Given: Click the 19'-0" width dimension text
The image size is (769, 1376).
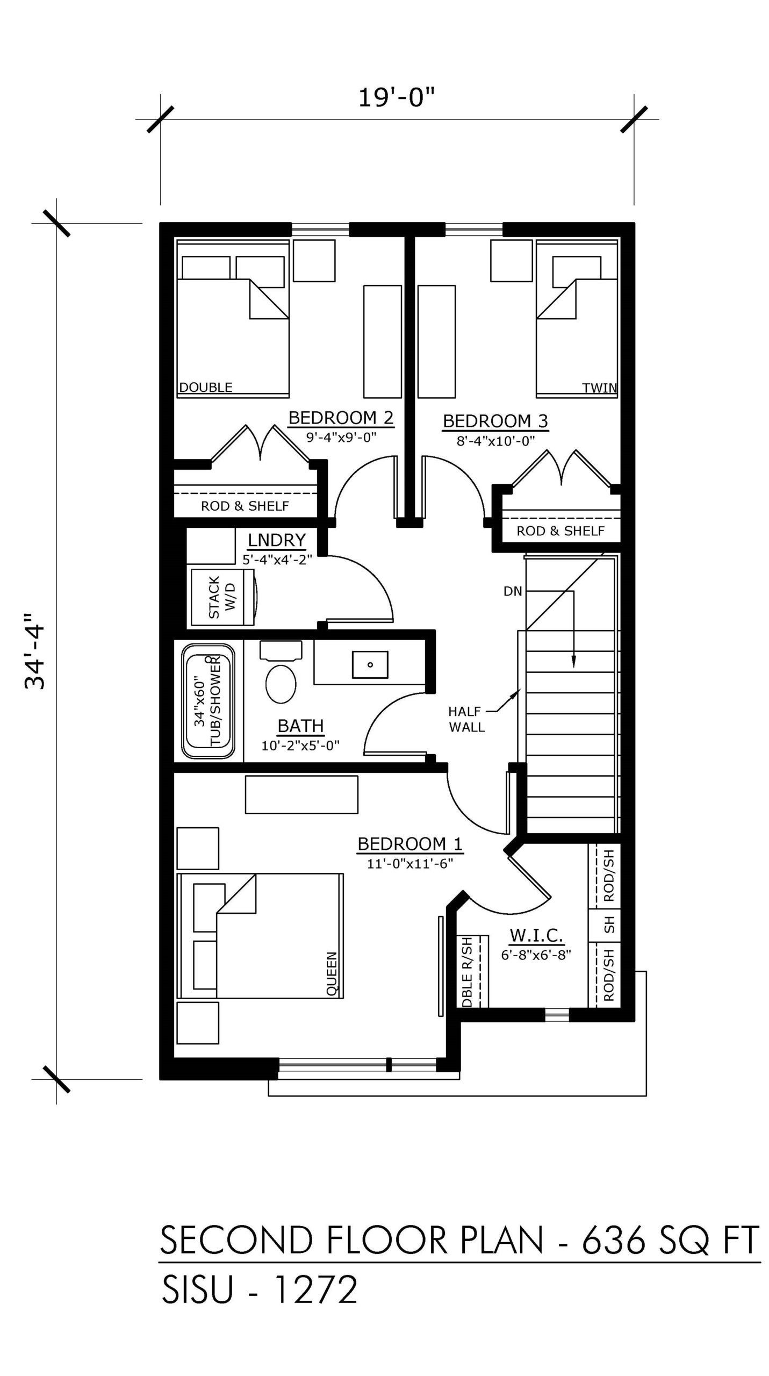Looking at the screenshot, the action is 396,98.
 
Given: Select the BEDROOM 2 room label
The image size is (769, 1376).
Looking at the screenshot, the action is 341,418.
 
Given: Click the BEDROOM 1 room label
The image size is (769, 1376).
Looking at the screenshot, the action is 409,844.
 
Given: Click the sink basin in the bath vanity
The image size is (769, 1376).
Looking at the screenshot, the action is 370,664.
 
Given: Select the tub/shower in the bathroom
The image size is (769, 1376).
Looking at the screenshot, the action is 209,701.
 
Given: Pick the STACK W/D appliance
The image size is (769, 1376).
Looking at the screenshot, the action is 222,597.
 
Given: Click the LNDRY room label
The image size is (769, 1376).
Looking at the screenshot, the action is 276,539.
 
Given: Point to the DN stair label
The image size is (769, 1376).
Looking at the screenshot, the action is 513,591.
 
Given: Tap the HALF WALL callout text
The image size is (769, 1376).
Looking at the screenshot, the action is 466,719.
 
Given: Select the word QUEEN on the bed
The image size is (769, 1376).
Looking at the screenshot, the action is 332,974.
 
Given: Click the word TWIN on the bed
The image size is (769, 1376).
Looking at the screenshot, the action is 599,388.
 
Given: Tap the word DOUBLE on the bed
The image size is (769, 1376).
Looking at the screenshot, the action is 206,387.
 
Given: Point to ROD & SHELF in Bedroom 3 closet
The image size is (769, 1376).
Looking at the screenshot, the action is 560,531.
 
